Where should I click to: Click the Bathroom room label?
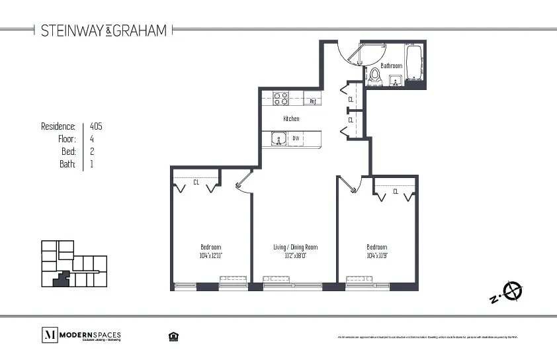click(x=391, y=66)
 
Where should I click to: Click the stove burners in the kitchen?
click(x=281, y=99)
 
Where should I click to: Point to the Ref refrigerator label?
click(x=313, y=101)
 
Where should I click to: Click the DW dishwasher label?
click(x=296, y=138)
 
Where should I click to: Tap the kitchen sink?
click(x=278, y=139)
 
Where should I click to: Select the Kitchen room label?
click(x=291, y=119)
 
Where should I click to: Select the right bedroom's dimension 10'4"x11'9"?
click(x=377, y=255)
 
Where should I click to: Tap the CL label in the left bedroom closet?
click(x=196, y=182)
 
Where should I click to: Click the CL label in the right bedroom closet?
click(x=396, y=191)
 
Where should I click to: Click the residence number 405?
click(x=96, y=126)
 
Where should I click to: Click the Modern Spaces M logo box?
click(x=50, y=336)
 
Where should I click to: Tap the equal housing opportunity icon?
click(x=173, y=337)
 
